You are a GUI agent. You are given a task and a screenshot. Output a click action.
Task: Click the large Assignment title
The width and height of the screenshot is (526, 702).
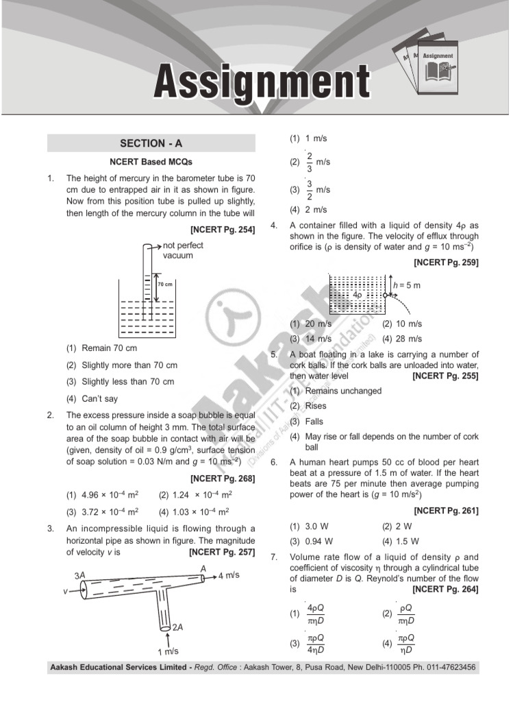pos(262,82)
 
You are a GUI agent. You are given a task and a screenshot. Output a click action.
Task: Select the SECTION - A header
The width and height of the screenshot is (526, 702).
pos(151,143)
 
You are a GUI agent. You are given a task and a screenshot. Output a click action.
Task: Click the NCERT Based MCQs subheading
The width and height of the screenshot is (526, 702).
pos(151,162)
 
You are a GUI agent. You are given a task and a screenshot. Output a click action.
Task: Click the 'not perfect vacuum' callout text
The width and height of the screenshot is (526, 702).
pos(183,250)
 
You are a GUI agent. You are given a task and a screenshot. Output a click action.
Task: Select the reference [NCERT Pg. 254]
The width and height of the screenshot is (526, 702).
pos(223,230)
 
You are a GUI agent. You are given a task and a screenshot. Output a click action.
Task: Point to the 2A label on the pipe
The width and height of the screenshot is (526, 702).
pos(177,627)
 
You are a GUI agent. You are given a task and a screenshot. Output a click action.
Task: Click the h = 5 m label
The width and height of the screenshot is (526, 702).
pos(409,284)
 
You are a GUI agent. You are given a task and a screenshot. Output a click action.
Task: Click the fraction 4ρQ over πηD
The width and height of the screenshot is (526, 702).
pos(315,614)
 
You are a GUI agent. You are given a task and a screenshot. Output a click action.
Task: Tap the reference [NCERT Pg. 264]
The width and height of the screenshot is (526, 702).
pos(445,589)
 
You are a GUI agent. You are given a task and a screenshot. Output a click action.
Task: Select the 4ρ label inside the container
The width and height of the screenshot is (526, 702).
pos(358,294)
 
